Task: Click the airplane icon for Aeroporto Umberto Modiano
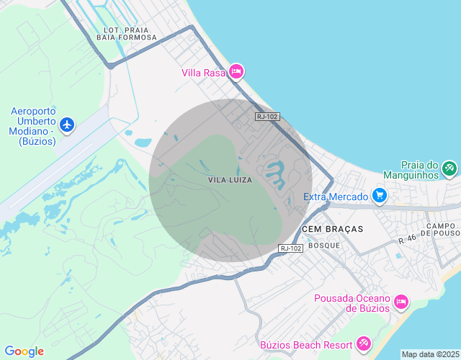(x=68, y=125)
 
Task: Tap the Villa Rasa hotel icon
(x=236, y=72)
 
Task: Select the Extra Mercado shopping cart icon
(x=380, y=196)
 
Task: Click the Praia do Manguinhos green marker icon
(x=449, y=168)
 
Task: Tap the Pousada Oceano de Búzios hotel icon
(x=401, y=301)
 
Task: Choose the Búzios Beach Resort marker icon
(x=363, y=344)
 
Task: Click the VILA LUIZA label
(x=230, y=180)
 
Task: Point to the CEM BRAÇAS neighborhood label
(x=332, y=228)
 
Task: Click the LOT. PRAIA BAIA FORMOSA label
(x=126, y=33)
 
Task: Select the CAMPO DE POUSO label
(x=442, y=230)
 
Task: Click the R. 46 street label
(x=407, y=238)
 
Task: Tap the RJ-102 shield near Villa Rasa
(x=267, y=116)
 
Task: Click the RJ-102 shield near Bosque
(x=290, y=248)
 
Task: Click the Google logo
(x=24, y=351)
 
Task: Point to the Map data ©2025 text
(x=429, y=354)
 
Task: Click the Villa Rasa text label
(x=203, y=72)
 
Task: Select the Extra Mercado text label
(x=336, y=196)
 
